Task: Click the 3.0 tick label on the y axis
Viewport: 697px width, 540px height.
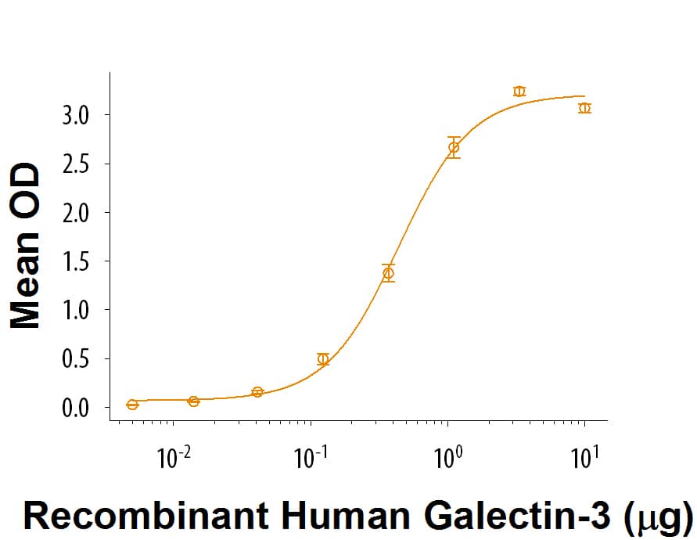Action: click(77, 115)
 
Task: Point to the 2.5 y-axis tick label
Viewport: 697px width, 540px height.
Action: click(77, 164)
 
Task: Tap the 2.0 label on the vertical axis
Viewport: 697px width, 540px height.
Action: click(77, 213)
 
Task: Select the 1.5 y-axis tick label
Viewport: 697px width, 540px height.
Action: click(77, 261)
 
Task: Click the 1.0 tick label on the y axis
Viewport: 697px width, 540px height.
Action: click(77, 311)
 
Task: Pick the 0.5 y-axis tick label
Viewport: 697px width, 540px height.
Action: click(77, 359)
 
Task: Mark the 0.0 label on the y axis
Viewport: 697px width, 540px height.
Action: click(77, 408)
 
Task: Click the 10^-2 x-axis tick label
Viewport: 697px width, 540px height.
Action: click(174, 458)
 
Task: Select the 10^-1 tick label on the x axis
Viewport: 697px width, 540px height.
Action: click(311, 458)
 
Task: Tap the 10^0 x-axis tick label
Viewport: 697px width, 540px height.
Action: click(447, 458)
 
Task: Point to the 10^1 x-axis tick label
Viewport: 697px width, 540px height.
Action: click(584, 458)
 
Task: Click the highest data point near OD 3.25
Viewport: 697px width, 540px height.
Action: click(519, 92)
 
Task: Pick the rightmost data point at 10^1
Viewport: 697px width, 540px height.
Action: click(584, 108)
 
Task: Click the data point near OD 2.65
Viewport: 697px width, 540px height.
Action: click(454, 147)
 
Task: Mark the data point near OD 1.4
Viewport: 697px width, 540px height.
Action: click(388, 272)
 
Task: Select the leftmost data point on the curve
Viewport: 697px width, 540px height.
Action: click(132, 405)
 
